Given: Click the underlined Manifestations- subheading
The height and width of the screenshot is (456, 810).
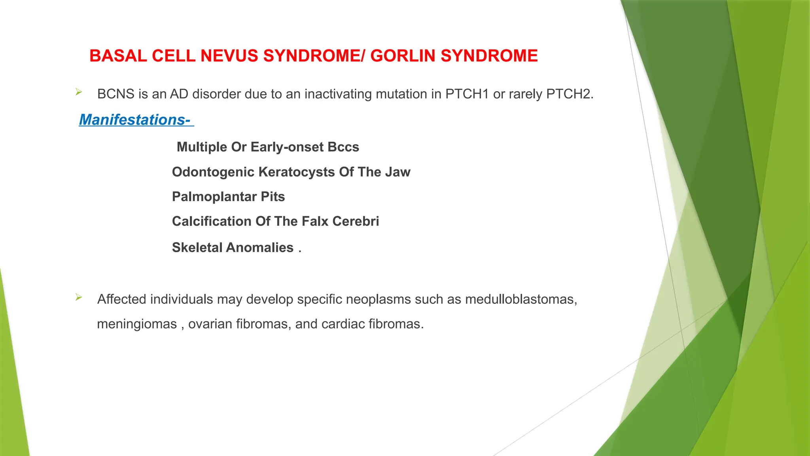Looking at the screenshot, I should (135, 120).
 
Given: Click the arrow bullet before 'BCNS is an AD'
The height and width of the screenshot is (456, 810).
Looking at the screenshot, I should (78, 92).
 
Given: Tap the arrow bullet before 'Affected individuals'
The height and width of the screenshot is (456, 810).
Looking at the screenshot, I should (78, 297).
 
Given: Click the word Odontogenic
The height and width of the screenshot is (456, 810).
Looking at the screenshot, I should (213, 172).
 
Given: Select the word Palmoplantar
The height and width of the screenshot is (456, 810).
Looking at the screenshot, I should (214, 197).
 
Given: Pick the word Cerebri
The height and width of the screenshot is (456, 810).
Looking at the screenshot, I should (356, 221).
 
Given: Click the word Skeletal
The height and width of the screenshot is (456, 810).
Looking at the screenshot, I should (197, 248).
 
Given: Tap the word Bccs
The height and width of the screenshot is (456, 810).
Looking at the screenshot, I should (343, 147).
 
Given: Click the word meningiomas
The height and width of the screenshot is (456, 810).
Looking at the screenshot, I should (137, 324).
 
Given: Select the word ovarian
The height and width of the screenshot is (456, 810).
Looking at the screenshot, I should (210, 324).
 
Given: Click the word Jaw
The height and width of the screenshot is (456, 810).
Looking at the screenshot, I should (398, 172).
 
